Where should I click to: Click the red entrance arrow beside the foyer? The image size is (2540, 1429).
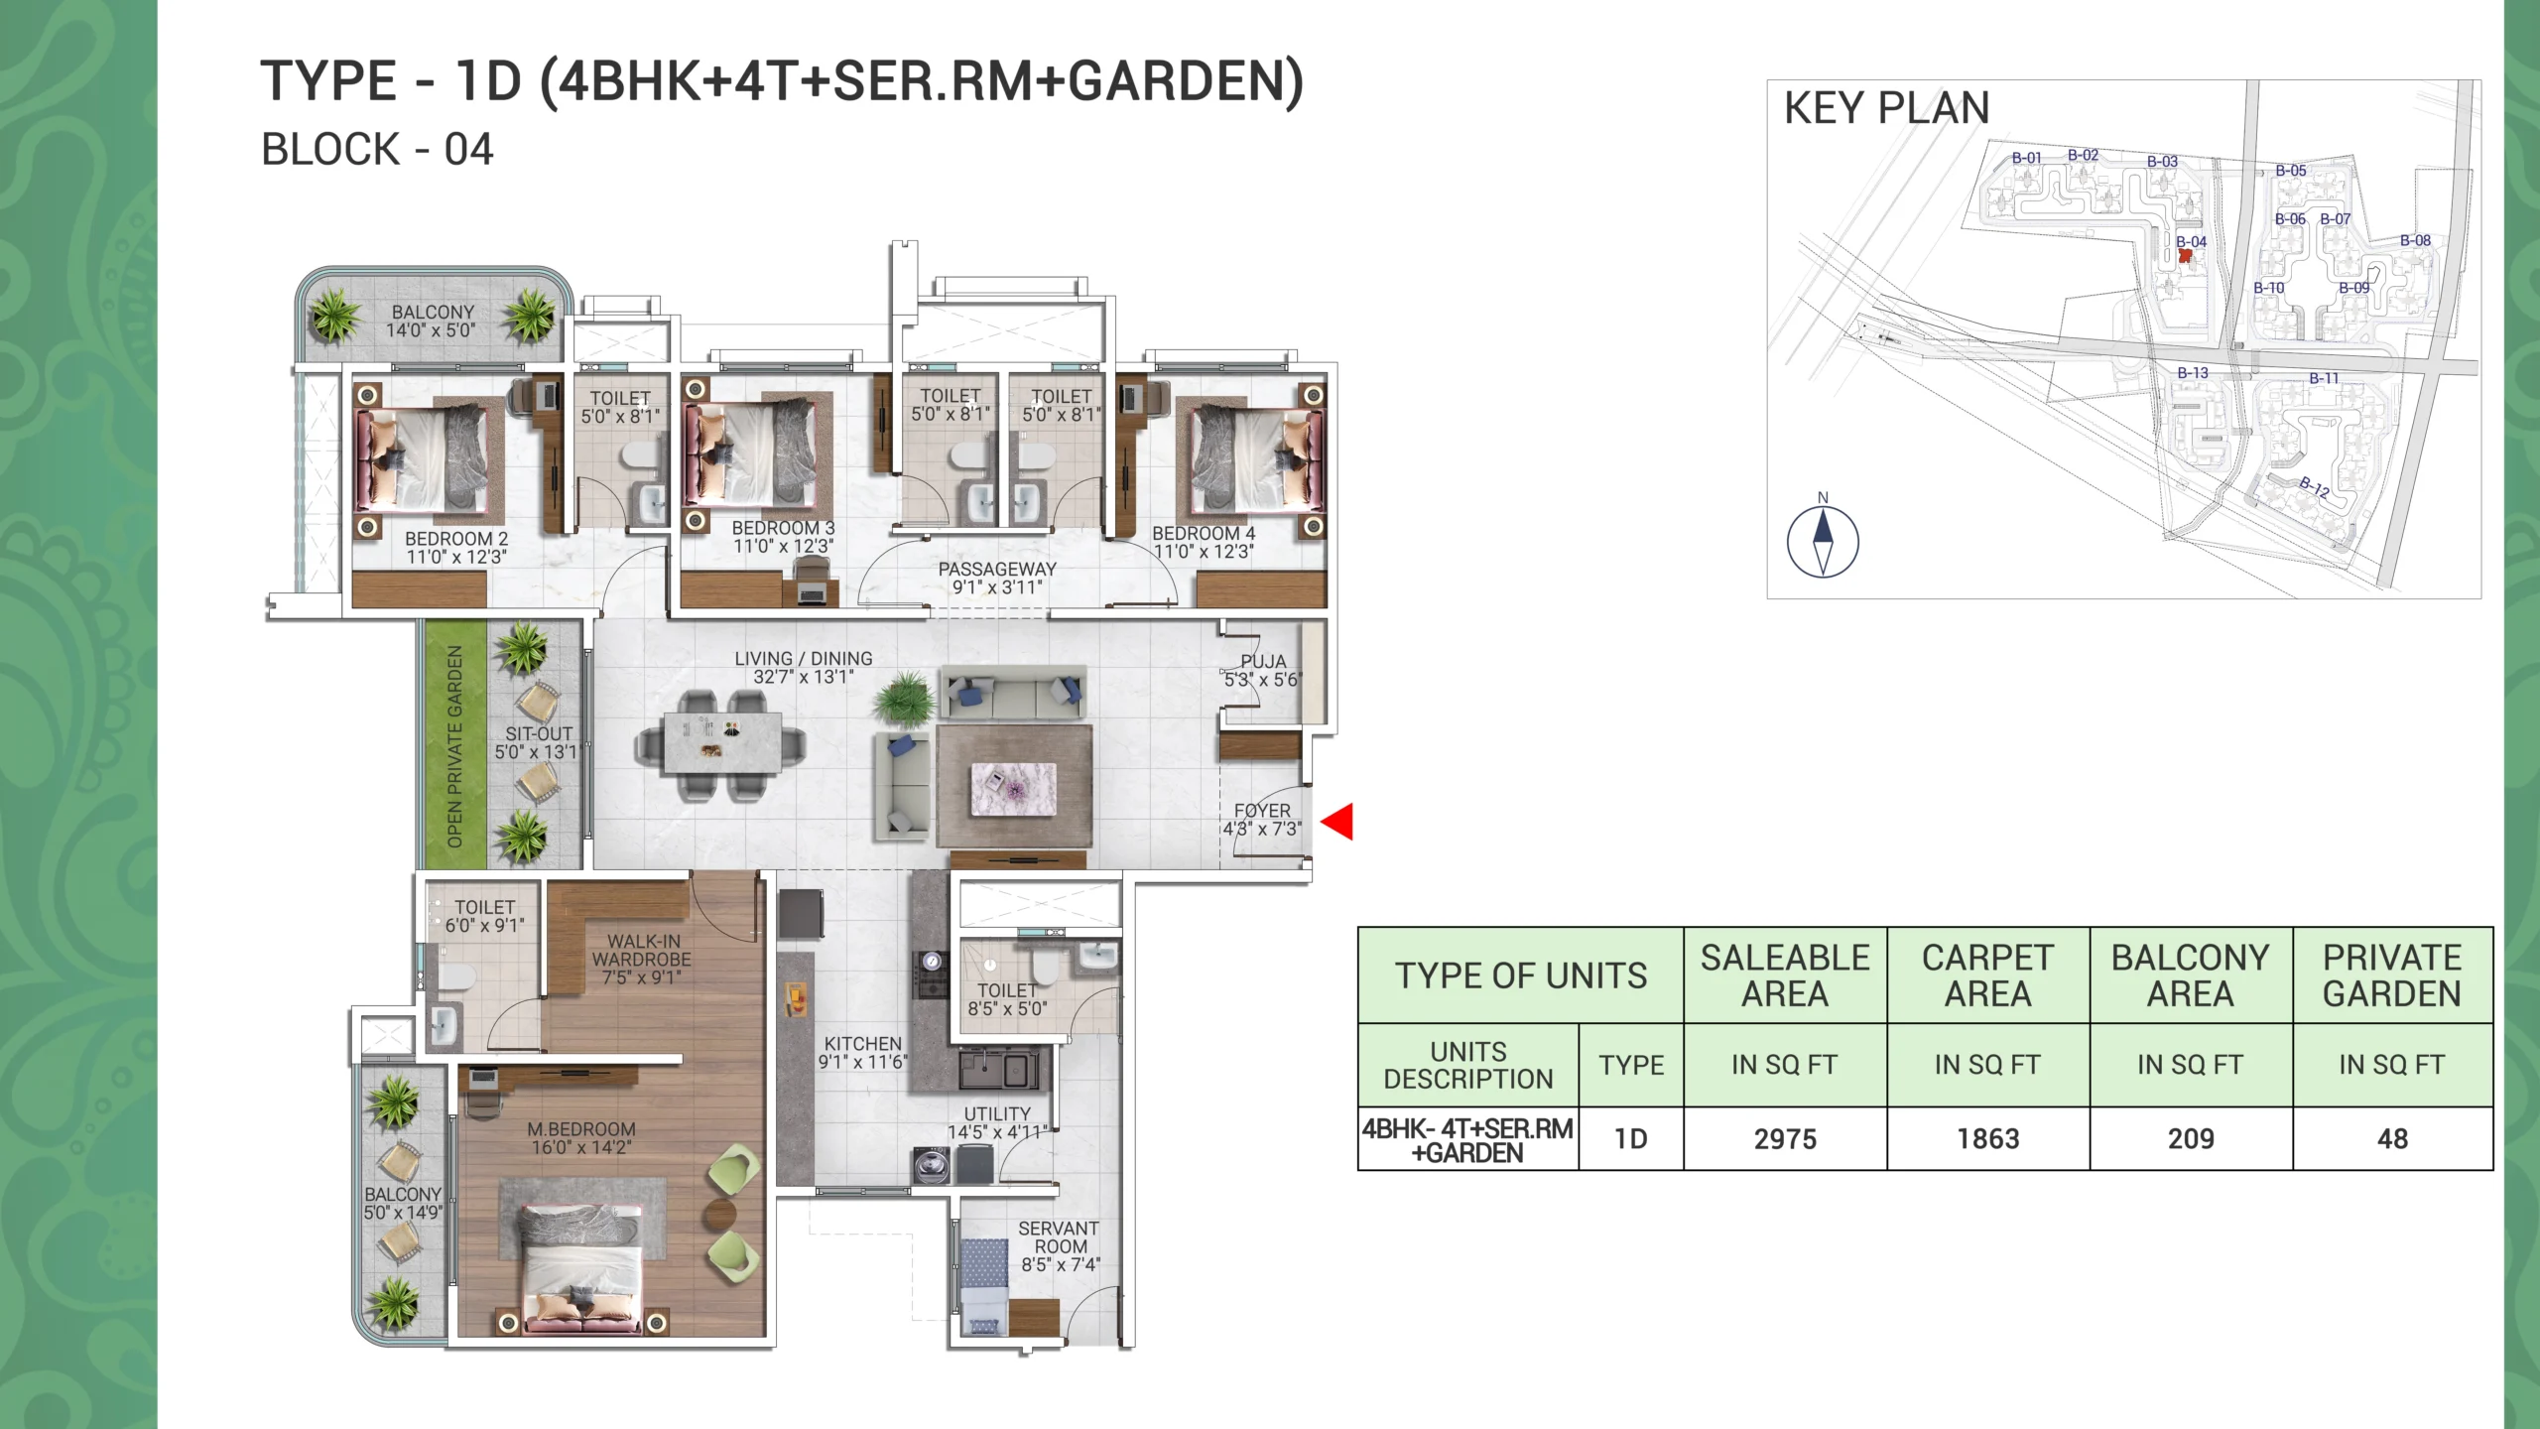1337,822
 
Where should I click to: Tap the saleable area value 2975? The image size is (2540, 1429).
1785,1139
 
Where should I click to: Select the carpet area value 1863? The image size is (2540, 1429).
1987,1139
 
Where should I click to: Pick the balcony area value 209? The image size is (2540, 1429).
2191,1139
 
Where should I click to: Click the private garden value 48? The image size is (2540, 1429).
2392,1139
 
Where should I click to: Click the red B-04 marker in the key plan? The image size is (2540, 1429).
2185,255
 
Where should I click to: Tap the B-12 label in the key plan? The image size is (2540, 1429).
2314,486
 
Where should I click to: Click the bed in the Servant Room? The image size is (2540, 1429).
983,1285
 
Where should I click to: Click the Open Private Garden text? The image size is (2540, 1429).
455,746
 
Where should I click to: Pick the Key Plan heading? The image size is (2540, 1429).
1887,108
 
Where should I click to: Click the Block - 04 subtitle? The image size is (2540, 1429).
377,150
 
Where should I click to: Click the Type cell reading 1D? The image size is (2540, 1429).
1630,1139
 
